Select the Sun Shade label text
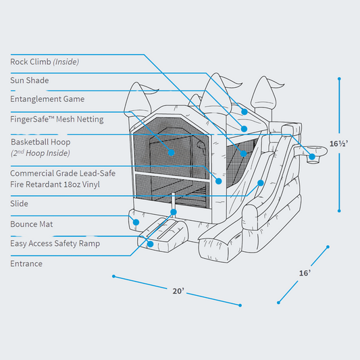point(29,80)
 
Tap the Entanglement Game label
point(47,99)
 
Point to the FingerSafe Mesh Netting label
point(57,119)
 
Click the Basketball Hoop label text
point(41,143)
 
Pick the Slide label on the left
point(19,203)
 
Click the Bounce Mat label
point(32,224)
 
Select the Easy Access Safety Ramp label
point(55,243)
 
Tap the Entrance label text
point(26,263)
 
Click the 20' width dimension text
point(178,291)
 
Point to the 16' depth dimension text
point(305,273)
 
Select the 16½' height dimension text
point(340,143)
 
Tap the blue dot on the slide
point(261,182)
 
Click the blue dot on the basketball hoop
point(312,157)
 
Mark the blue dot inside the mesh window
point(172,153)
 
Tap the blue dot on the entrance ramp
point(150,244)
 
